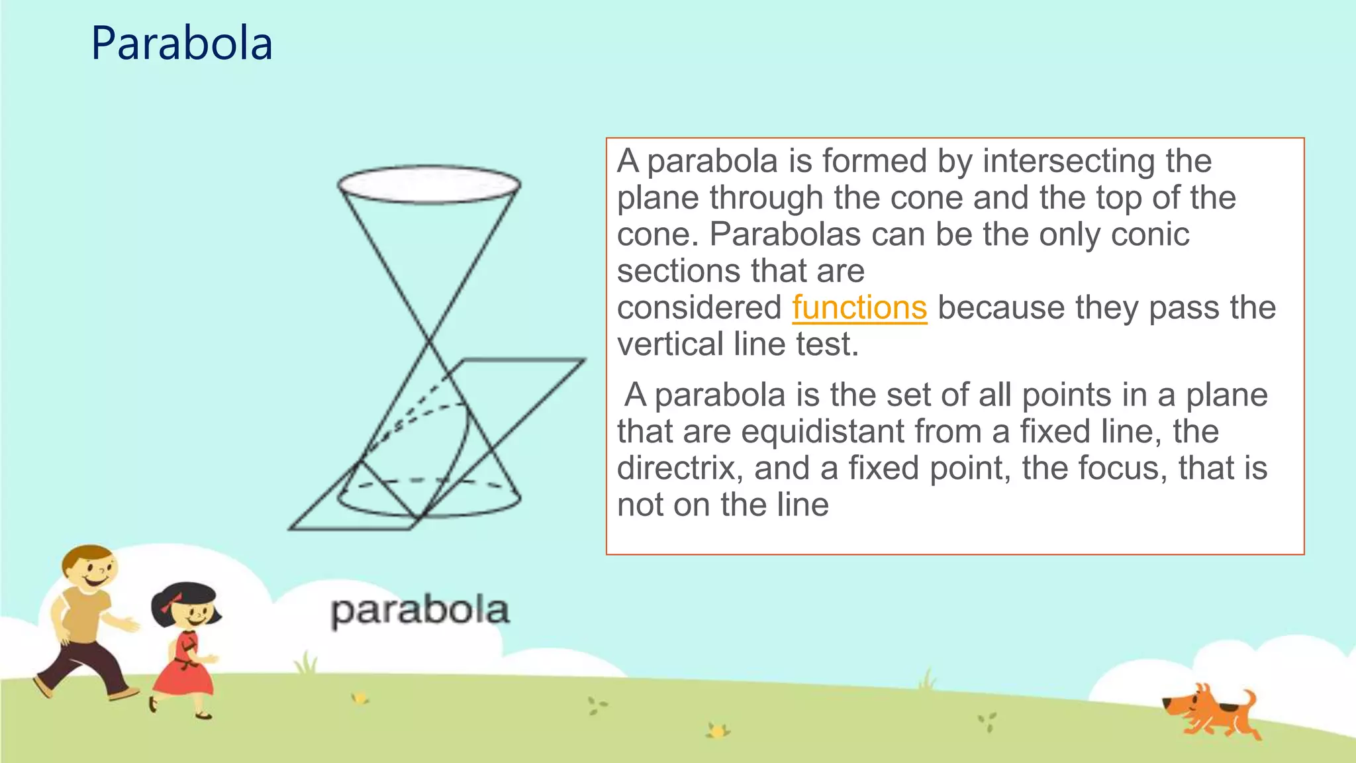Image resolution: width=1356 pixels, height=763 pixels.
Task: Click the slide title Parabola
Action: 181,44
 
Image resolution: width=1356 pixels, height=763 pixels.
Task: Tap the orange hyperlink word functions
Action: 859,308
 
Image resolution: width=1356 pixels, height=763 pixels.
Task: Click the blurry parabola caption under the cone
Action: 420,611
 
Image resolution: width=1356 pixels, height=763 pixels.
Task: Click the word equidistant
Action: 823,432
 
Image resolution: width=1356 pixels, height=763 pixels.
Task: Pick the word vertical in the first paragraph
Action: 670,344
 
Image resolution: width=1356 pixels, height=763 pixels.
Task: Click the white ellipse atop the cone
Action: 429,184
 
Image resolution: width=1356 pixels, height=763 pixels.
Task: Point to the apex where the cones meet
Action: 429,342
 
